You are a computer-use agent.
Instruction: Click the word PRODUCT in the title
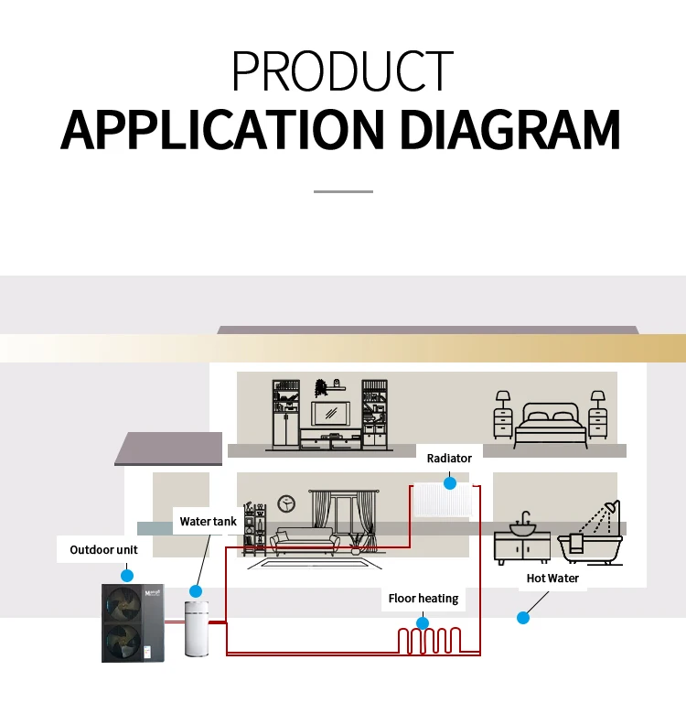point(342,70)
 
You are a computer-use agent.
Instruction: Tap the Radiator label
point(449,458)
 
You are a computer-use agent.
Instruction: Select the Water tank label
point(208,522)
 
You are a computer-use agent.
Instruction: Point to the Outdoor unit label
point(104,550)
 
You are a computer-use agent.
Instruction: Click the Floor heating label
point(423,599)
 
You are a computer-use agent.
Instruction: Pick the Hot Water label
point(552,579)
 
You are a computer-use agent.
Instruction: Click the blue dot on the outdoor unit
point(127,576)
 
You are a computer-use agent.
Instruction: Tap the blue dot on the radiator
point(449,481)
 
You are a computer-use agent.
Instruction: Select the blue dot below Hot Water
point(523,618)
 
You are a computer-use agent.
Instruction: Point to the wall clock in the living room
point(286,503)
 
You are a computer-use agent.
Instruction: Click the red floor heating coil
point(434,640)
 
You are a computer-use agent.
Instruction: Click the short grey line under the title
point(343,191)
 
